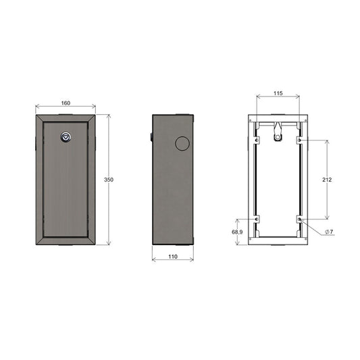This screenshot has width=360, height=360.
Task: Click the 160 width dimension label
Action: [x=66, y=103]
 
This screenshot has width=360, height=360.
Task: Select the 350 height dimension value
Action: [x=109, y=180]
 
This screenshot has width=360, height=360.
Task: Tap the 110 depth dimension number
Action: [x=173, y=257]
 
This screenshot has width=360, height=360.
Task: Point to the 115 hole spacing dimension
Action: [x=278, y=93]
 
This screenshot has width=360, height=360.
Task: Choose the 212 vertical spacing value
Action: [x=327, y=180]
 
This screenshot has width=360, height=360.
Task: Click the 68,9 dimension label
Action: [x=237, y=232]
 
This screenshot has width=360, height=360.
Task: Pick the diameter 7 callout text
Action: [x=329, y=232]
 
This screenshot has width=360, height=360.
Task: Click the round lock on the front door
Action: [x=66, y=137]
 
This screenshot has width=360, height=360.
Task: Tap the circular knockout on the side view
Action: [x=182, y=143]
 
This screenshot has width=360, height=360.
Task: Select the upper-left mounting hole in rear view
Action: [x=257, y=140]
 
